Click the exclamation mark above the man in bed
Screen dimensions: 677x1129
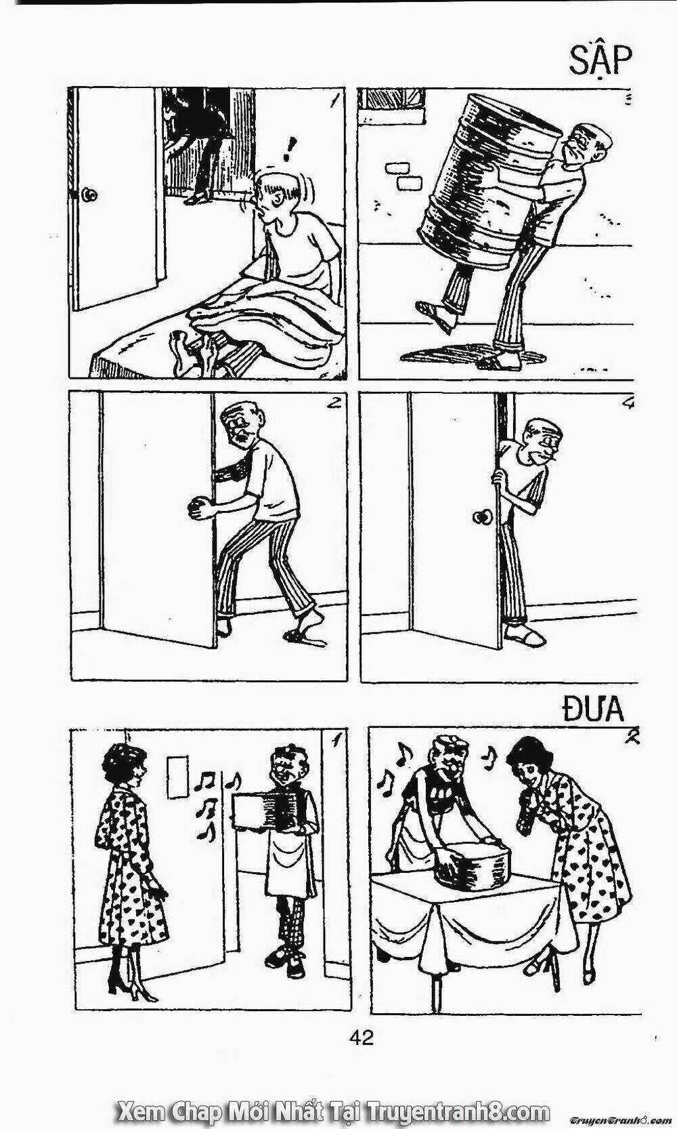289,150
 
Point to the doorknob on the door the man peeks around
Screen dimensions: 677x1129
482,516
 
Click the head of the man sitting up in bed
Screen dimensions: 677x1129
277,196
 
